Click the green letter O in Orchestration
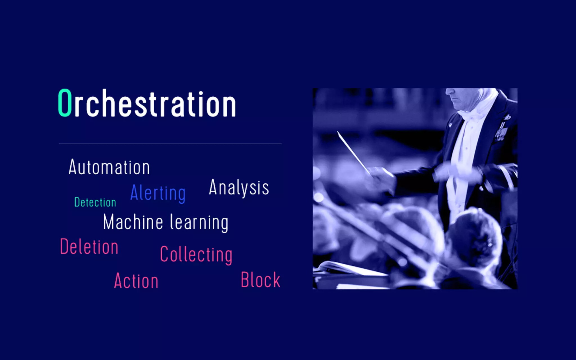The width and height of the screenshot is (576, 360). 65,103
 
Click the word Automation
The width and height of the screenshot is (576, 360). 109,167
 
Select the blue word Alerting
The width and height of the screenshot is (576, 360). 158,193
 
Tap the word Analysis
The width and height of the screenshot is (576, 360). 239,188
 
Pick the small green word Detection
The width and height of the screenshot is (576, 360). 95,202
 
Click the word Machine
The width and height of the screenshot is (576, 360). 133,222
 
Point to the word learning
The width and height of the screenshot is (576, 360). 199,223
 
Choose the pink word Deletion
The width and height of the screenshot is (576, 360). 89,247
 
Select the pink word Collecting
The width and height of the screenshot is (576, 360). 196,255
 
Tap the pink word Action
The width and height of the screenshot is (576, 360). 136,281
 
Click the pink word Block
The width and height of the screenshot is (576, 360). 260,280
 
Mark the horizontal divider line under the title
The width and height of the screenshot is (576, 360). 170,144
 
